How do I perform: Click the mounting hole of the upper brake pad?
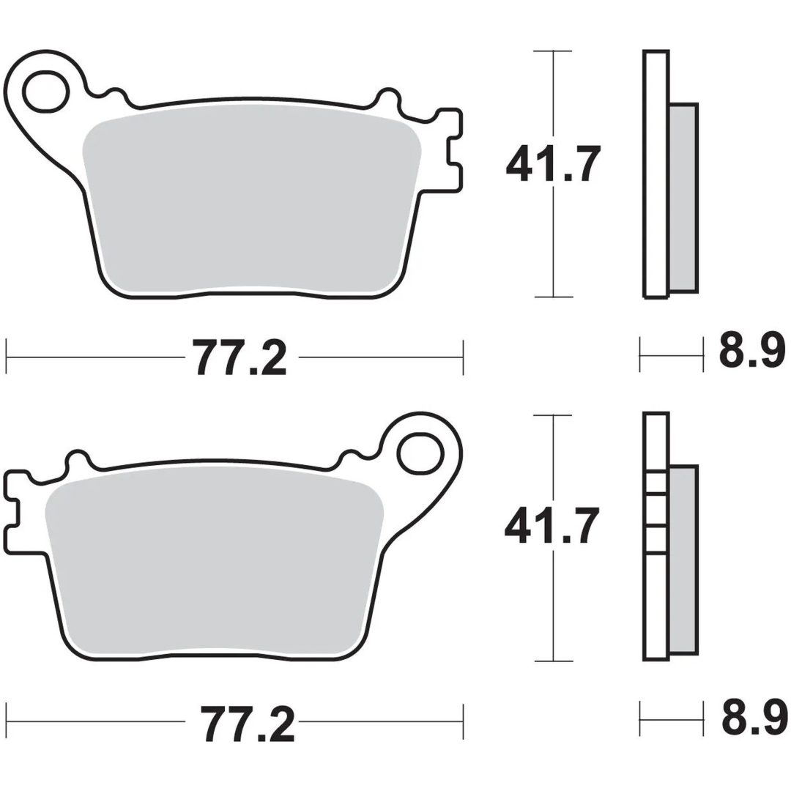(46, 92)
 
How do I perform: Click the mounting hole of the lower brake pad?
(420, 453)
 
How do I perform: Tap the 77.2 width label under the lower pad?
(247, 723)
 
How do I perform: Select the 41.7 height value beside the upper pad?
(554, 163)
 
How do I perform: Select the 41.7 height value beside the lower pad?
(552, 526)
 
